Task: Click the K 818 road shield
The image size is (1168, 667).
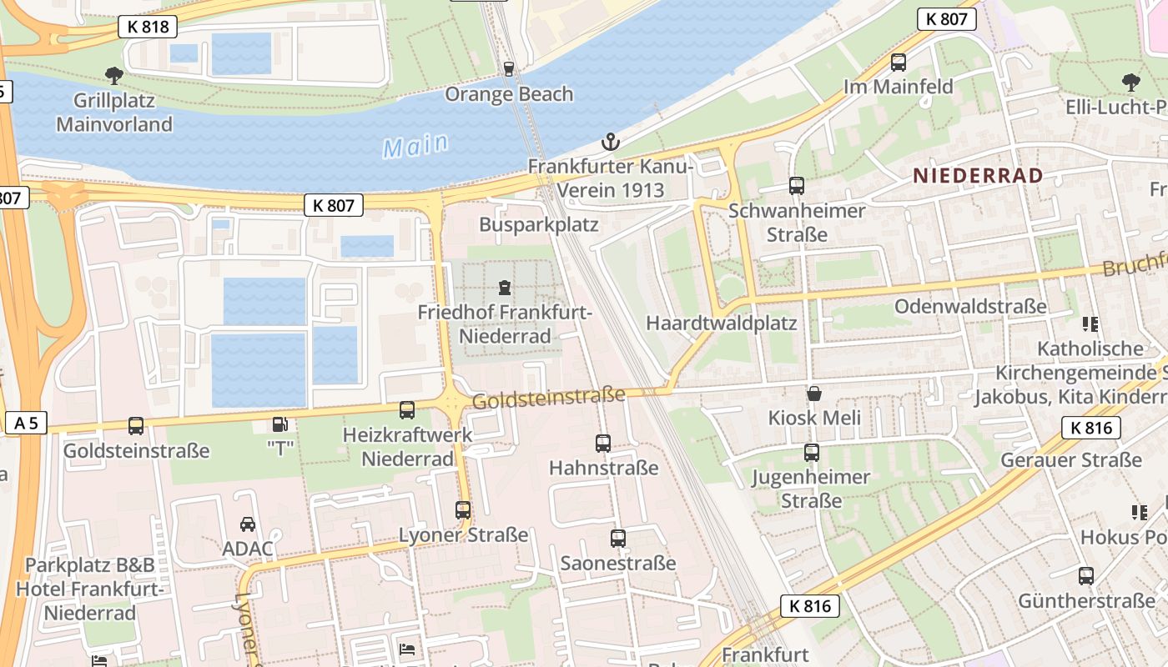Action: point(149,27)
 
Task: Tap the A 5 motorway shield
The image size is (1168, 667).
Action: point(26,423)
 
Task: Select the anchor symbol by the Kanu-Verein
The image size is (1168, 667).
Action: point(611,142)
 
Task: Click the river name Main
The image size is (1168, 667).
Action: point(415,146)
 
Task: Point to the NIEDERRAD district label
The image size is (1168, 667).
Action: point(978,176)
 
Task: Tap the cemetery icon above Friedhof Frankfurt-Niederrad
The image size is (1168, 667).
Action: point(505,288)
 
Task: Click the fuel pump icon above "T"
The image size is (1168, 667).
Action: point(279,424)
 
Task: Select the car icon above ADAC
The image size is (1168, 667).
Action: point(248,524)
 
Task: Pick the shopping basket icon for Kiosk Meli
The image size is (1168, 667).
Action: point(813,393)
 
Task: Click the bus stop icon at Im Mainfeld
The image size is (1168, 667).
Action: point(899,62)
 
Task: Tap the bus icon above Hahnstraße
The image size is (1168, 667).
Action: point(603,443)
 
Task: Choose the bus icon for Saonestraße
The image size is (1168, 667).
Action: point(617,539)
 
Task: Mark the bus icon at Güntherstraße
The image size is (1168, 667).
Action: point(1086,575)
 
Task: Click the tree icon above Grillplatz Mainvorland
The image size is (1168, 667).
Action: point(114,76)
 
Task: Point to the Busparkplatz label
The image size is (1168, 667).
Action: point(538,224)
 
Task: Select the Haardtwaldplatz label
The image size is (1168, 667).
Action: point(722,323)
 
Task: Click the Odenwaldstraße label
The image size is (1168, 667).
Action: point(970,306)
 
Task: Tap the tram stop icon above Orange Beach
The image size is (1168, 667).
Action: point(508,68)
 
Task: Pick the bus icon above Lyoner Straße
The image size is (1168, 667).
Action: point(463,509)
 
